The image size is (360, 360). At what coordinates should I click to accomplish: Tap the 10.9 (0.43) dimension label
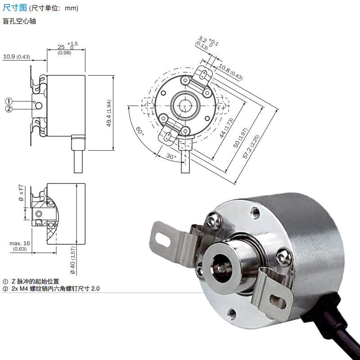[x=17, y=57]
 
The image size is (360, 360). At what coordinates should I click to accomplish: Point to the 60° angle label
[x=140, y=131]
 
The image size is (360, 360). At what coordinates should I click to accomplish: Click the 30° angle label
[x=171, y=156]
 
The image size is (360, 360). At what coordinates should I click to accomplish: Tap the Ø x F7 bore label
[x=21, y=194]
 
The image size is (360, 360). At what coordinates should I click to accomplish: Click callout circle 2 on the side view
[x=9, y=109]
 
